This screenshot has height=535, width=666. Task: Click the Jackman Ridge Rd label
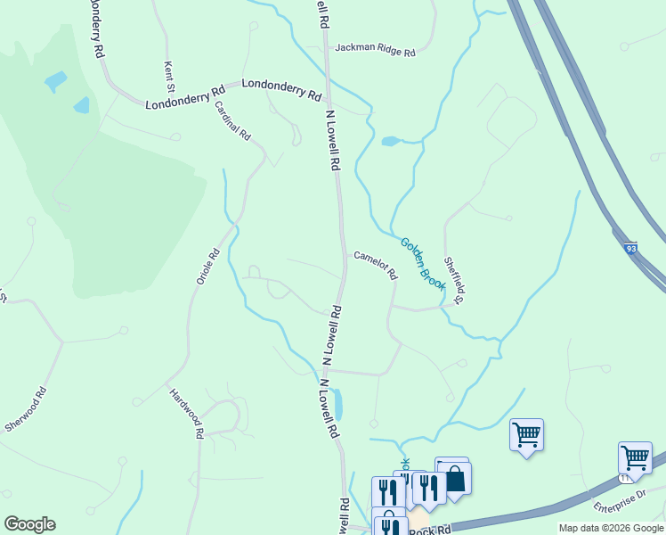click(375, 53)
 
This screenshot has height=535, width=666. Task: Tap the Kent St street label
click(167, 77)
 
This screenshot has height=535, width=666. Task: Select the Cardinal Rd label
click(232, 120)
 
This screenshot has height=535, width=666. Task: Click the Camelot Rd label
click(375, 265)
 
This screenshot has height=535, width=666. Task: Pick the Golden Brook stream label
click(422, 262)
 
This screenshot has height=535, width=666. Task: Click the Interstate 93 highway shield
click(631, 249)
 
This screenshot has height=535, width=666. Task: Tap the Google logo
click(29, 524)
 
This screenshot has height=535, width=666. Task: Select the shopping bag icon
click(454, 477)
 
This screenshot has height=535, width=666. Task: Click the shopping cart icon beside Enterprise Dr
click(635, 459)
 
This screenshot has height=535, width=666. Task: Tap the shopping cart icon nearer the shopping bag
click(526, 436)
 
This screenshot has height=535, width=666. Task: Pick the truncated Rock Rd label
click(431, 530)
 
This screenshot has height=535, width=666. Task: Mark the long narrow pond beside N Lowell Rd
click(337, 405)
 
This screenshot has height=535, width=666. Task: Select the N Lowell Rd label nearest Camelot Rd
click(333, 335)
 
